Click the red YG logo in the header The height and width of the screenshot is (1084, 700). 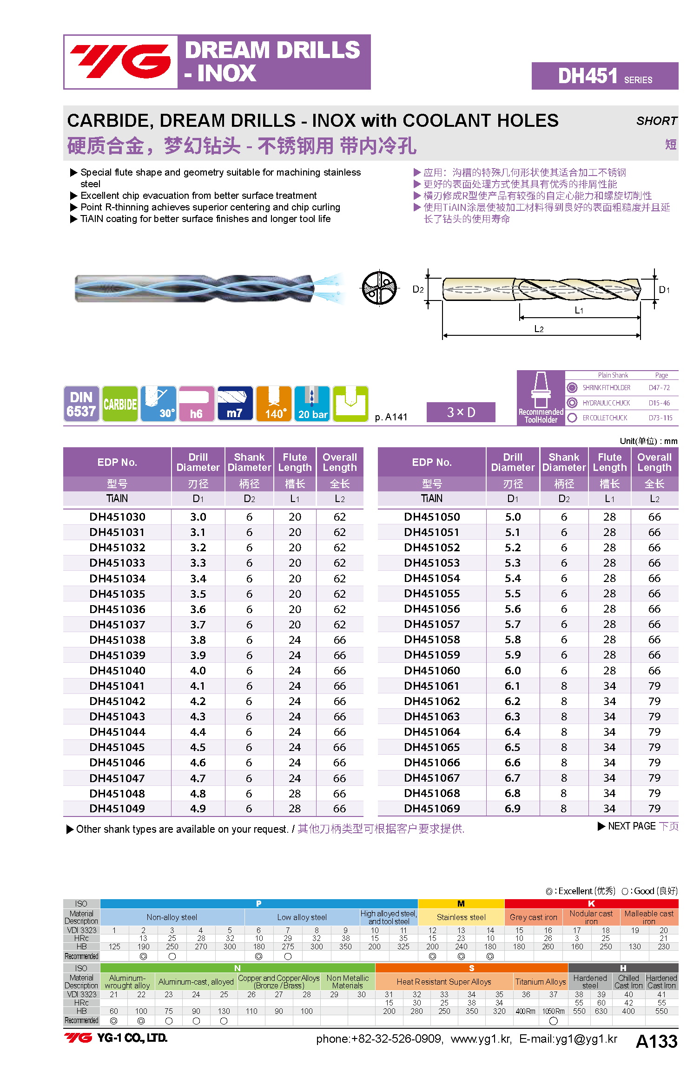coord(120,62)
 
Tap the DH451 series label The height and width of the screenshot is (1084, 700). coord(604,76)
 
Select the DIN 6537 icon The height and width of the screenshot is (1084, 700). coord(81,404)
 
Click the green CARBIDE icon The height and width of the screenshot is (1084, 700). coord(120,404)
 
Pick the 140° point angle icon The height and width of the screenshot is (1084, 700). coord(274,404)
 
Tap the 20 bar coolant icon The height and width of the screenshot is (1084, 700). coord(312,404)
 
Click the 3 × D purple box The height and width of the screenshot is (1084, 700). coord(461,412)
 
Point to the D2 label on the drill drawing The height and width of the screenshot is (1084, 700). coord(418,290)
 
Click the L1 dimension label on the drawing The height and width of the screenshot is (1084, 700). coord(579,310)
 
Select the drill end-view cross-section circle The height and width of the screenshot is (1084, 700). coord(379,288)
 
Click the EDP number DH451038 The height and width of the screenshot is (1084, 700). coord(117,640)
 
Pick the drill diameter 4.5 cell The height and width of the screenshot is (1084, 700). coord(198,747)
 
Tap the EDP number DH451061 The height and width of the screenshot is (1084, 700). coord(432,686)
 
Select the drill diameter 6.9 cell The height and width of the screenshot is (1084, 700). coord(513,809)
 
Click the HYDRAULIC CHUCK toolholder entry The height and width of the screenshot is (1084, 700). coord(606,403)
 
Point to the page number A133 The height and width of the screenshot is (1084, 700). coord(656,1041)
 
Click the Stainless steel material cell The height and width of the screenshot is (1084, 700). coord(461,917)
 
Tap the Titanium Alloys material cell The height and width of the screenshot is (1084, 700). coord(541,982)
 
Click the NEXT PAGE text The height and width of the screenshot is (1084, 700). coord(632,826)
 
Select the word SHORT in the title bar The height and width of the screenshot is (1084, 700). coord(656,121)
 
